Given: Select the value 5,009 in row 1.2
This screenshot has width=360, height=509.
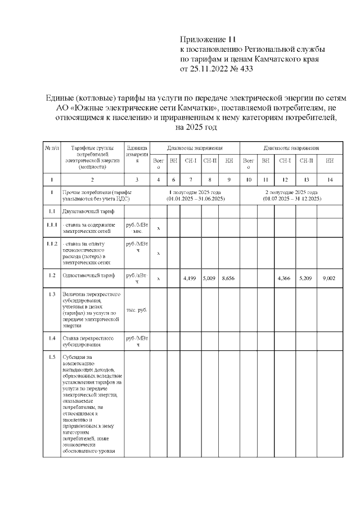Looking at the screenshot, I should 210,278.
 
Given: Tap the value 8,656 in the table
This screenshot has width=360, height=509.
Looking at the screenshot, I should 228,278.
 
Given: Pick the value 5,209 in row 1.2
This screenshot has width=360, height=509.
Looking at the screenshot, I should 305,278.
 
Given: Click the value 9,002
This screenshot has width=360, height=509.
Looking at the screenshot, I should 329,278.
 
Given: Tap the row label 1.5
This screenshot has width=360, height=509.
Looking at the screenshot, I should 51,357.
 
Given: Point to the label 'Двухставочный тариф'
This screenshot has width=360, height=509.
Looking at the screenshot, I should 89,211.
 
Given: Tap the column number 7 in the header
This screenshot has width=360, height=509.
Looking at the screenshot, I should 191,179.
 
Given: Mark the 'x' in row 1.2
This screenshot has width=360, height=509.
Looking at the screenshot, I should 159,278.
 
